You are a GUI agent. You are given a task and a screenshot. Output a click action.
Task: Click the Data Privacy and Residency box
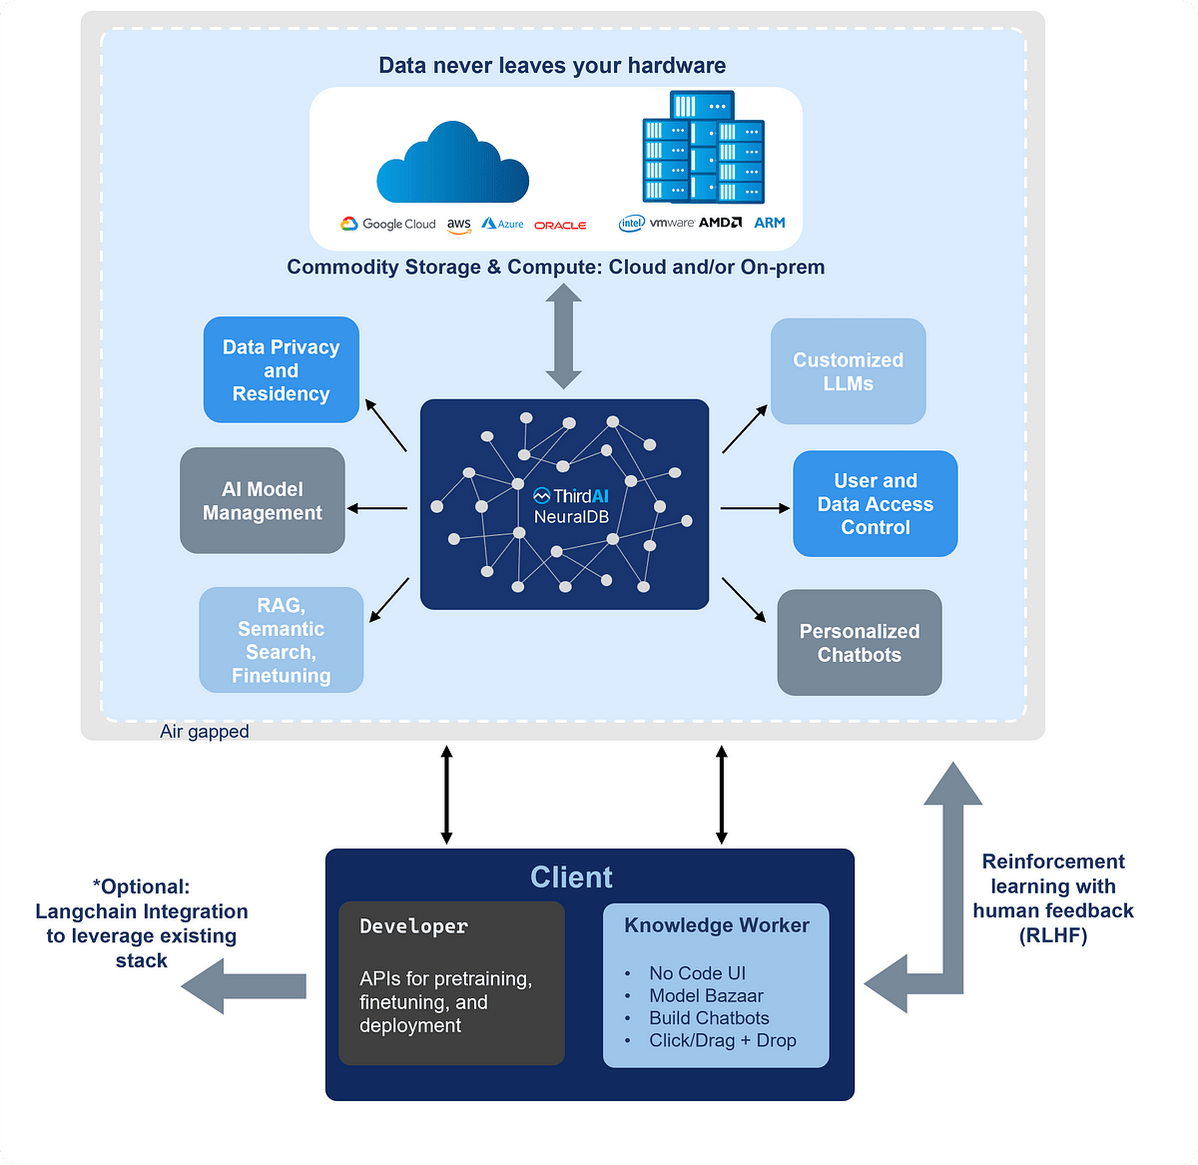point(281,370)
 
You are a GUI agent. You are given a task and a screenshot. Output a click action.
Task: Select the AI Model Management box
point(263,501)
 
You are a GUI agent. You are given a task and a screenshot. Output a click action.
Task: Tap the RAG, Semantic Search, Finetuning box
point(281,640)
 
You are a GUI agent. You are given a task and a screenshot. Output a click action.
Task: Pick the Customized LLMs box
point(848,371)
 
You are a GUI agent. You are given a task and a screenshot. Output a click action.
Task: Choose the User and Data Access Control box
point(875,504)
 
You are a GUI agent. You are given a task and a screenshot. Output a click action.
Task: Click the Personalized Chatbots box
point(859,643)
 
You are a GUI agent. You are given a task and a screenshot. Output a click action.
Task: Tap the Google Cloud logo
point(388,225)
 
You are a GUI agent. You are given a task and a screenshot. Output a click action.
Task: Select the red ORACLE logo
point(560,226)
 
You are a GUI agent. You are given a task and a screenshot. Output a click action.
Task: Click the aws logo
point(458,226)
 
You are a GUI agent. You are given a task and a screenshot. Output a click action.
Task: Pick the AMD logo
point(720,223)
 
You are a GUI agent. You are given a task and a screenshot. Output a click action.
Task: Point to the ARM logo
point(770,223)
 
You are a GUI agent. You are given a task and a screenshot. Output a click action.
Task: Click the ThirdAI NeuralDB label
point(570,506)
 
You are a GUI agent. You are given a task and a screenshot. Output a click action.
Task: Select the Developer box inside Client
point(451,983)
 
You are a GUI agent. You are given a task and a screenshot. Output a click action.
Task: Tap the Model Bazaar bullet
point(706,995)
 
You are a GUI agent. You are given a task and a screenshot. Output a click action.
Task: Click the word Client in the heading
point(571,877)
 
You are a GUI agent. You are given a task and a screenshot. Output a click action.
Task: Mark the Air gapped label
point(204,732)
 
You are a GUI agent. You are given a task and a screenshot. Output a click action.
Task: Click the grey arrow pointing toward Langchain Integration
point(244,985)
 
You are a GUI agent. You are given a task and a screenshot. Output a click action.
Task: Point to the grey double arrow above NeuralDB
point(564,336)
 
